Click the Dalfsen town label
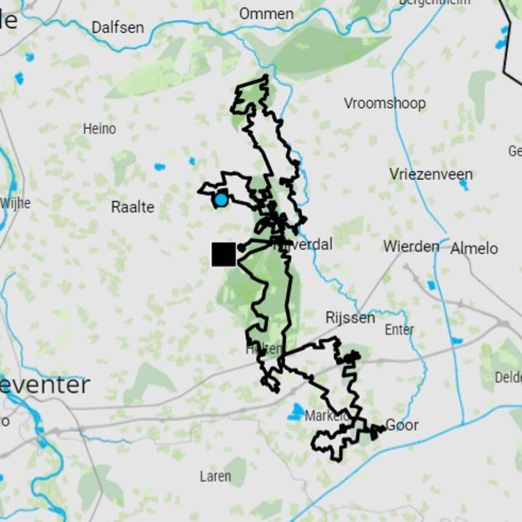[x=117, y=27]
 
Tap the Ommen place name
[x=266, y=14]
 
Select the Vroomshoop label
[x=384, y=103]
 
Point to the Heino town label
[x=99, y=129]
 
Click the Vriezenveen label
[x=431, y=174]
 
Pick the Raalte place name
[x=132, y=207]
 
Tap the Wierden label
[x=411, y=247]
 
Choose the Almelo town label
[x=474, y=248]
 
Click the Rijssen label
[x=350, y=318]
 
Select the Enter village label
[x=399, y=330]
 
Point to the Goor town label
[x=402, y=425]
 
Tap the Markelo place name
[x=325, y=416]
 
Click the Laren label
[x=215, y=476]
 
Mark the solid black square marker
[x=224, y=254]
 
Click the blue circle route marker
[x=221, y=200]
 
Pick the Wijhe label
[x=16, y=203]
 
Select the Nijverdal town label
[x=305, y=245]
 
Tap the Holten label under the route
[x=264, y=349]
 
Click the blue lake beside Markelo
[x=297, y=412]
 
